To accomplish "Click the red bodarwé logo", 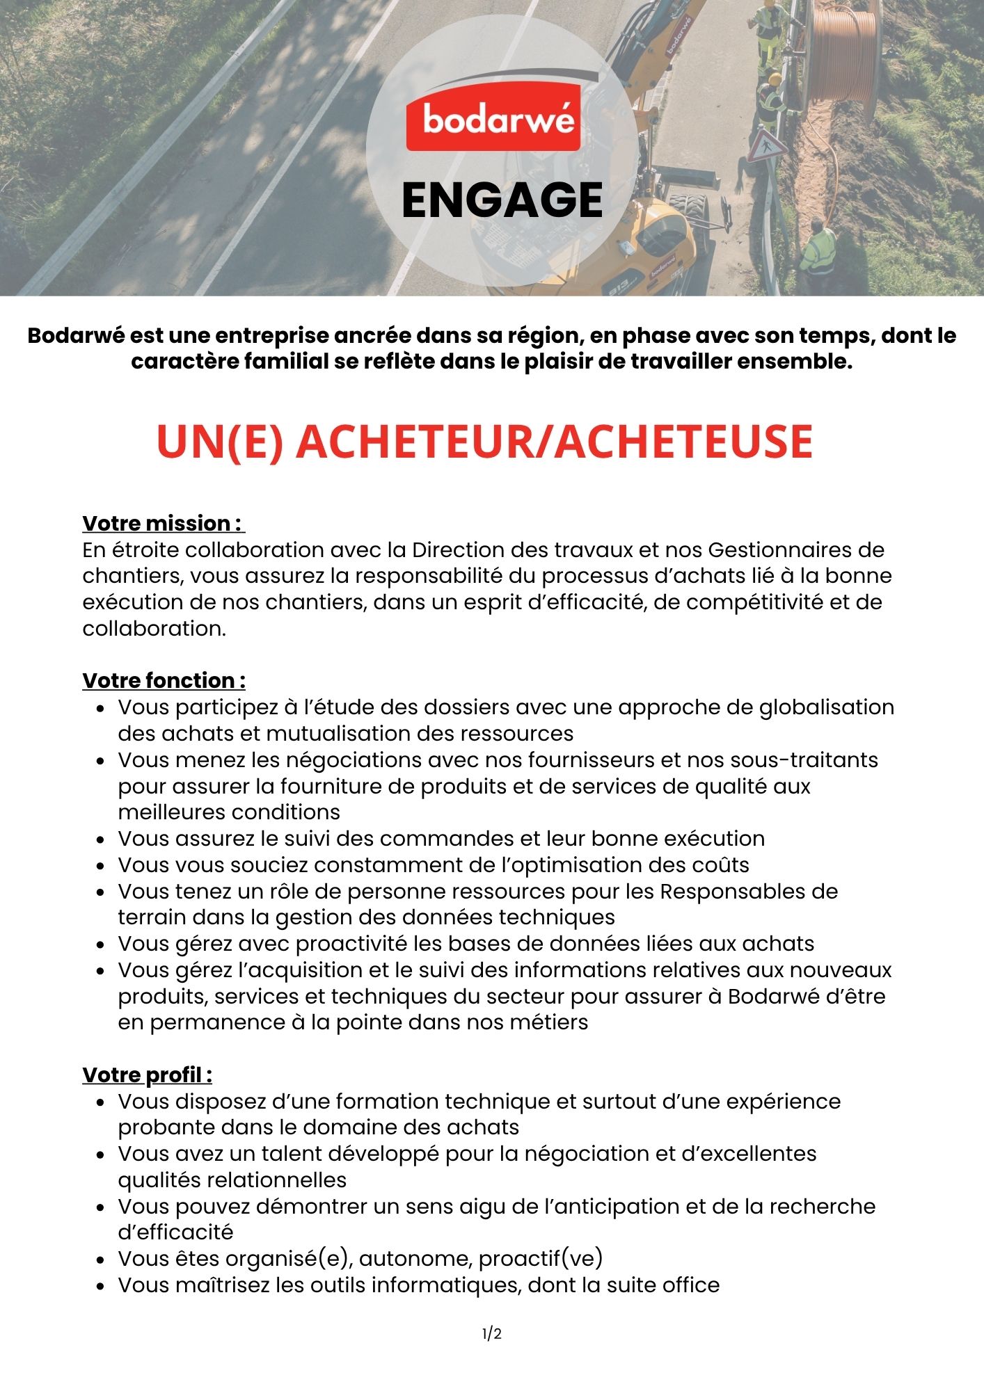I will pyautogui.click(x=493, y=120).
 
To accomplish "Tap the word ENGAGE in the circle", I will pyautogui.click(x=502, y=201).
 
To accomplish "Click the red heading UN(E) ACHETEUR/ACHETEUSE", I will pyautogui.click(x=485, y=441).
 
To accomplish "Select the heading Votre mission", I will pyautogui.click(x=163, y=523).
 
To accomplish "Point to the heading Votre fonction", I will pyautogui.click(x=164, y=680).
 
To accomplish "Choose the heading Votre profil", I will pyautogui.click(x=147, y=1075).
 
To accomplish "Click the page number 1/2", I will pyautogui.click(x=492, y=1333).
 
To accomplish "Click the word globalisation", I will pyautogui.click(x=826, y=707).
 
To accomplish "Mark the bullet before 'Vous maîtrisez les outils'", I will pyautogui.click(x=102, y=1286).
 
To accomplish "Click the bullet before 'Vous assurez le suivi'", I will pyautogui.click(x=102, y=839).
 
